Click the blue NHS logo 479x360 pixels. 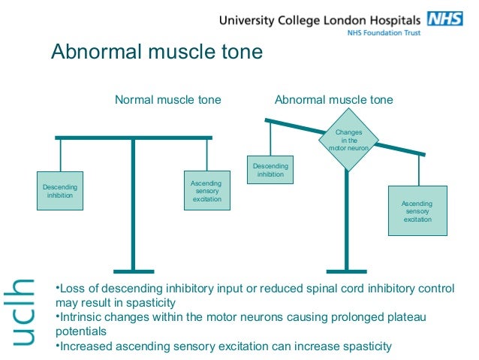tap(444, 20)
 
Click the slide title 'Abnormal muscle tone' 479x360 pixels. tap(156, 53)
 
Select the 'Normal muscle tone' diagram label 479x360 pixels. tap(167, 99)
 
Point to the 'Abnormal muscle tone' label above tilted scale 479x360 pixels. tap(333, 99)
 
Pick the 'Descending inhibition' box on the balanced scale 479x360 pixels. tap(60, 190)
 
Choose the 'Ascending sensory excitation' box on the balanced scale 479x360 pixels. tap(206, 191)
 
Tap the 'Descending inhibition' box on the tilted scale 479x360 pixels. tap(270, 169)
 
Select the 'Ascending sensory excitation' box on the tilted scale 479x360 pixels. tap(417, 211)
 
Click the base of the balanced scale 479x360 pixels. tap(133, 271)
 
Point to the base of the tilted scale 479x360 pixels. tap(346, 271)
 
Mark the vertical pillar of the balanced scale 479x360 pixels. tap(133, 203)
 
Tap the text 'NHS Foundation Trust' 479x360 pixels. tap(383, 33)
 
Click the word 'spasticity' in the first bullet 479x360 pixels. tap(149, 303)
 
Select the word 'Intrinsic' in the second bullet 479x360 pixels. tap(83, 317)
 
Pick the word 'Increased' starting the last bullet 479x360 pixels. tap(86, 346)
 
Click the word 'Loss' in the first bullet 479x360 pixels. tap(74, 289)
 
